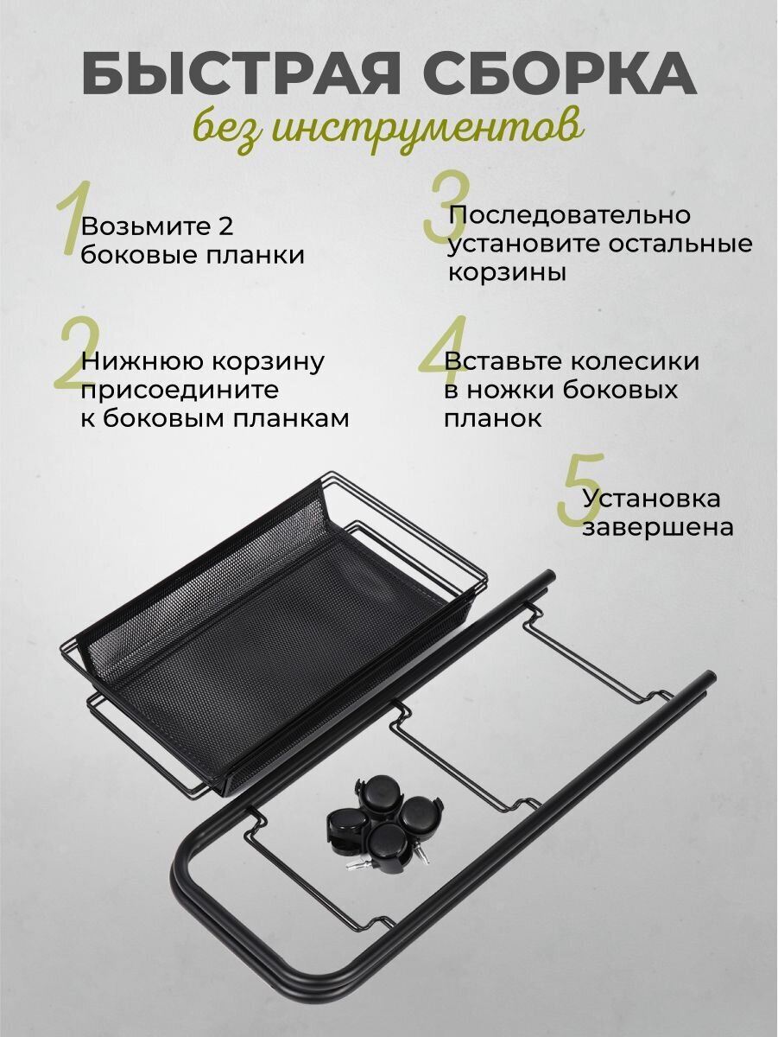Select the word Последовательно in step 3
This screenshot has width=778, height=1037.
tap(569, 215)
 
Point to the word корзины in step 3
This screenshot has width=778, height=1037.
tap(507, 274)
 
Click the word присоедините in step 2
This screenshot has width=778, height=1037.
tap(180, 391)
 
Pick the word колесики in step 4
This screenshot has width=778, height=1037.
tap(635, 362)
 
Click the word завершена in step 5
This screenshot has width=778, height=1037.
tap(658, 528)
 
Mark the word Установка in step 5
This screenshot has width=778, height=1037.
tap(651, 499)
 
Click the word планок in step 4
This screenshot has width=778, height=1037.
tap(493, 418)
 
